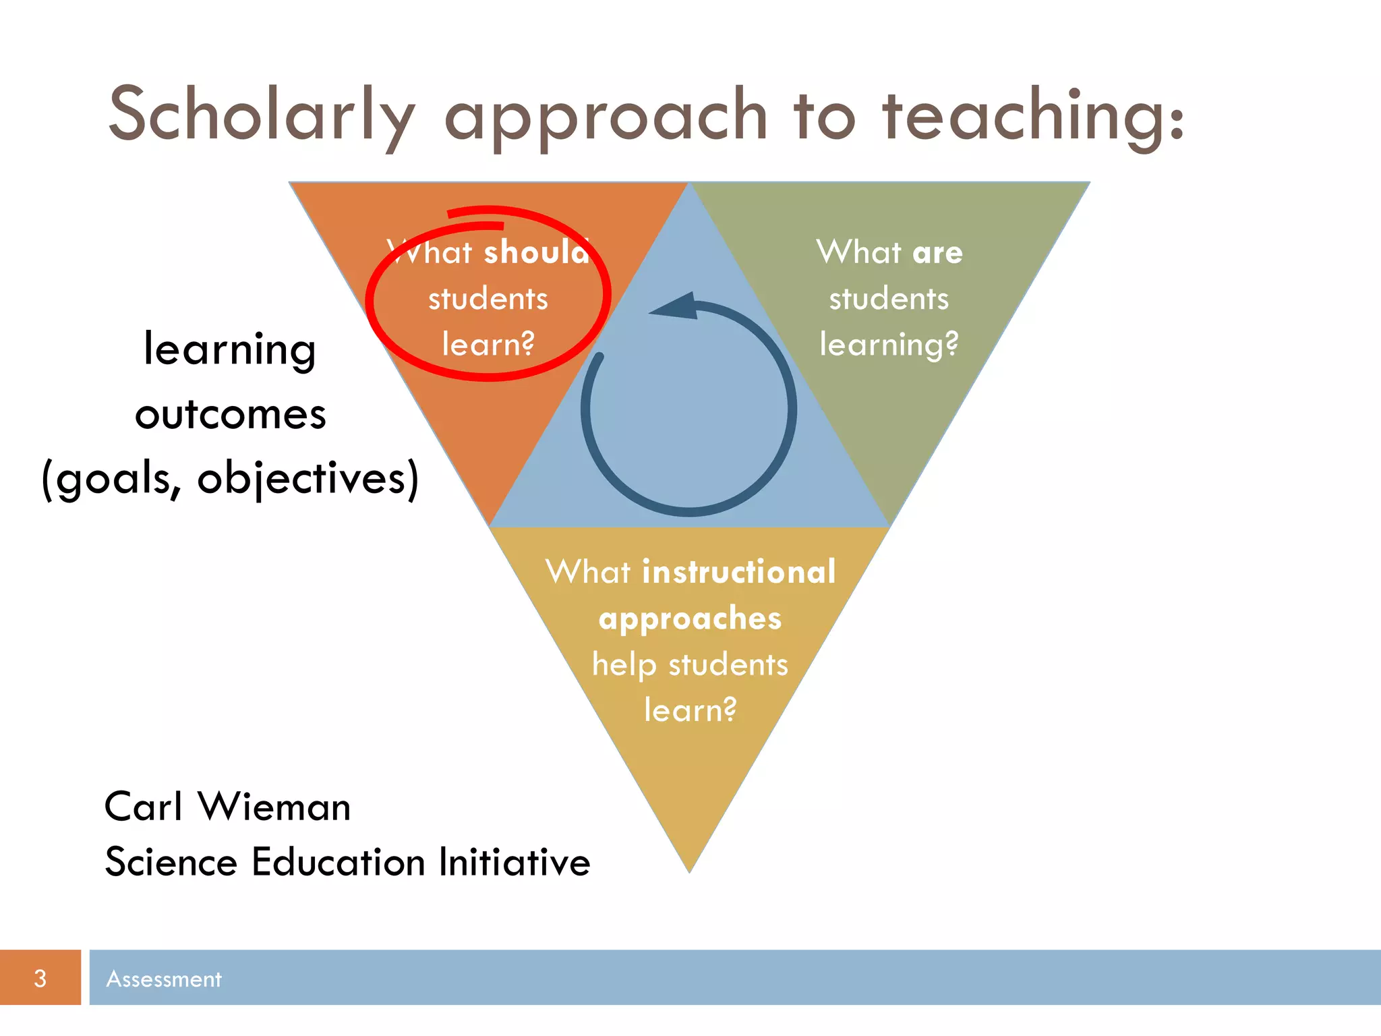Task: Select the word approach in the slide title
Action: [606, 116]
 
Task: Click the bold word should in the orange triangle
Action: [537, 252]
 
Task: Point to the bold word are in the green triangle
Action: [937, 252]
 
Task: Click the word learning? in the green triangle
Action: [889, 344]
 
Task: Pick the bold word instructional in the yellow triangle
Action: [739, 572]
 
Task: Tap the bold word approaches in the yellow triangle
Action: [690, 618]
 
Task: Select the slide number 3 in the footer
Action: [40, 978]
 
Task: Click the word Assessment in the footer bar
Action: [164, 979]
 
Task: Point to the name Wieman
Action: [274, 807]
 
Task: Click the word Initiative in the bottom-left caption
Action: [515, 863]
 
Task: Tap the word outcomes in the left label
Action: [231, 414]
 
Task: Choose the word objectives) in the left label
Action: [307, 479]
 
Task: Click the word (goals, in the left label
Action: [112, 479]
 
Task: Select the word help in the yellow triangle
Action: [624, 665]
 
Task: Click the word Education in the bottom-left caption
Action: [339, 863]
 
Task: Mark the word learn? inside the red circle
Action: [488, 344]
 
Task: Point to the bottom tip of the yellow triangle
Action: [689, 870]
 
